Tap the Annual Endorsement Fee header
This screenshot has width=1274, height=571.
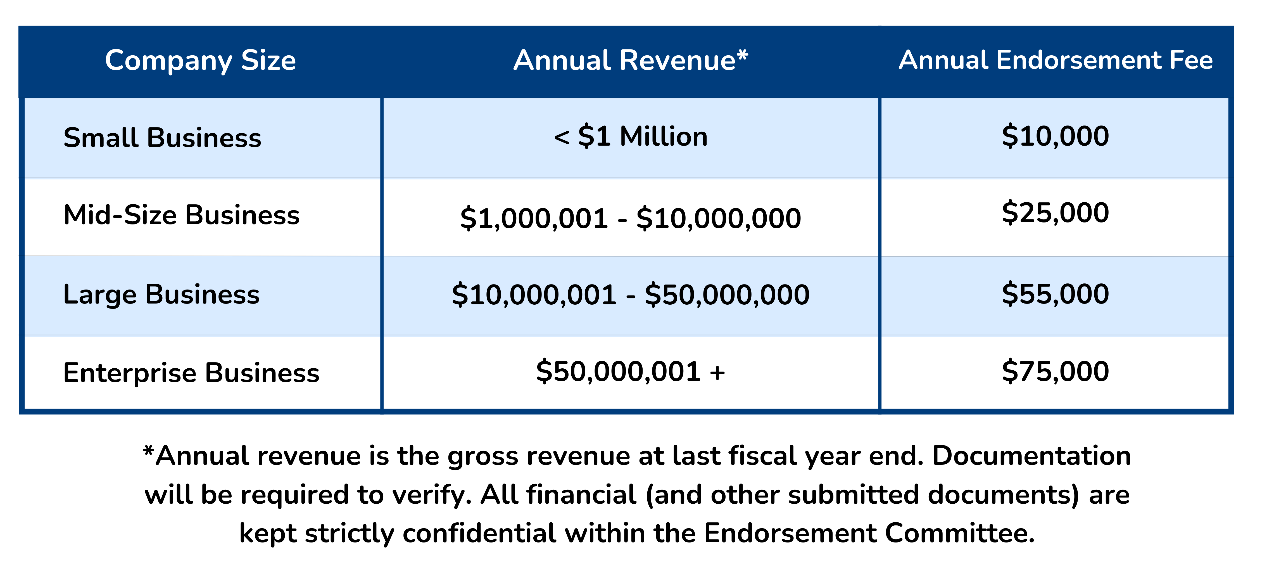coord(1056,60)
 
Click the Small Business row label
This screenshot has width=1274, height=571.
coord(162,138)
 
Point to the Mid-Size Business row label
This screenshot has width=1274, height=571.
coord(182,215)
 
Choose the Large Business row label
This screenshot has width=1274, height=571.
coord(161,294)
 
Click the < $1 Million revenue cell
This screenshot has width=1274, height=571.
coord(631,137)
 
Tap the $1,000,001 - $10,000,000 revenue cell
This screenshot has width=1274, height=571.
coord(631,218)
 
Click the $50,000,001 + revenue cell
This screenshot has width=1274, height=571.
coord(631,372)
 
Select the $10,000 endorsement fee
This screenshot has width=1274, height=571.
coord(1056,137)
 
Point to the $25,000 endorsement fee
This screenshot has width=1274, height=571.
coord(1056,213)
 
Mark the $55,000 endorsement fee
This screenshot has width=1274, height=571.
coord(1056,294)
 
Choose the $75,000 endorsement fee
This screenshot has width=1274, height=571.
coord(1056,372)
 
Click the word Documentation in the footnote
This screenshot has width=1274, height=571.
coord(1031,456)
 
